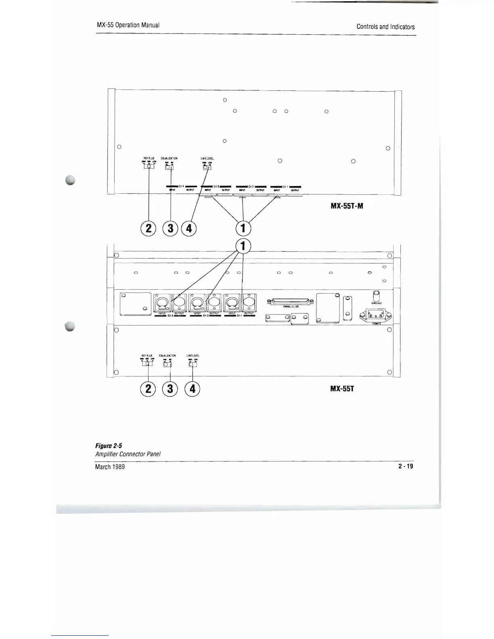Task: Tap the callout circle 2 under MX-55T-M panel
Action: (149, 228)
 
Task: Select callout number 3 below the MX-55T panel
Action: (170, 388)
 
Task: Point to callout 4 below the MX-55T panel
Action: (192, 388)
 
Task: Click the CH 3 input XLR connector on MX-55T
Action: (162, 301)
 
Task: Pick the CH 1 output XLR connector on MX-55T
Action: (249, 301)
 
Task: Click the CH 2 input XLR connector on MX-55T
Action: (197, 301)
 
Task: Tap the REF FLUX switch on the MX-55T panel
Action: (148, 364)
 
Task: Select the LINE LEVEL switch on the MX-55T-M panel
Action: (207, 167)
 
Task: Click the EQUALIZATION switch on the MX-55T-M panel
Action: (170, 167)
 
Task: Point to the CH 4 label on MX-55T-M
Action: (181, 186)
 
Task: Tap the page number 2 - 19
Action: (406, 466)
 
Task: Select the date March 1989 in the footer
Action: (110, 467)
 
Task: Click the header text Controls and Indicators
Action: (385, 27)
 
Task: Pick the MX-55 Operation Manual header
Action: (128, 25)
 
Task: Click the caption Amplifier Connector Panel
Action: (128, 454)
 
